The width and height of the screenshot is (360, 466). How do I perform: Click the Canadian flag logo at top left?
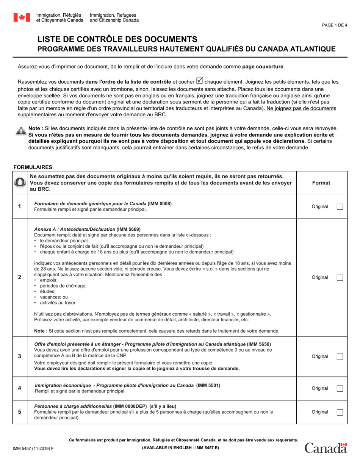[x=22, y=17]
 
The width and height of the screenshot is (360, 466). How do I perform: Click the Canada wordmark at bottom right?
[x=326, y=448]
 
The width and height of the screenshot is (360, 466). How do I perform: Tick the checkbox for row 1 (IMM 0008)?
[x=340, y=207]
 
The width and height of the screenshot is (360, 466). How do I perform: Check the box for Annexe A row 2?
[x=340, y=278]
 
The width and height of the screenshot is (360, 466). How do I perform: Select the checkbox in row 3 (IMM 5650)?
[x=340, y=357]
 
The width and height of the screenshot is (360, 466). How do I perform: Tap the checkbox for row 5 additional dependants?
[x=340, y=412]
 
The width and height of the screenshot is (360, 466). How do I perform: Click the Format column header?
[x=321, y=183]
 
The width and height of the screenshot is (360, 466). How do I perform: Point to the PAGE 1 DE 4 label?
[x=334, y=25]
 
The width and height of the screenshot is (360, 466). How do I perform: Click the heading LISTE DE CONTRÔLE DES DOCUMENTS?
[x=117, y=39]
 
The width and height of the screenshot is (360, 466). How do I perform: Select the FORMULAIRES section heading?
[x=33, y=167]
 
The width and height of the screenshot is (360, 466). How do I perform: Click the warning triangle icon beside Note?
[x=21, y=131]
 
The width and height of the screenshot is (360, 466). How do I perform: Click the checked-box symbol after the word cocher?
[x=199, y=81]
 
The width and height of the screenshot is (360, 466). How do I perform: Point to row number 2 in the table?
[x=20, y=277]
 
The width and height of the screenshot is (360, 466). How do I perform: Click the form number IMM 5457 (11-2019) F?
[x=33, y=448]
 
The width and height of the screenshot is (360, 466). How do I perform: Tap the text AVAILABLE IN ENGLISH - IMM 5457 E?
[x=180, y=448]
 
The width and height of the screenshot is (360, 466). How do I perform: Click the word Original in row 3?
[x=319, y=357]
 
